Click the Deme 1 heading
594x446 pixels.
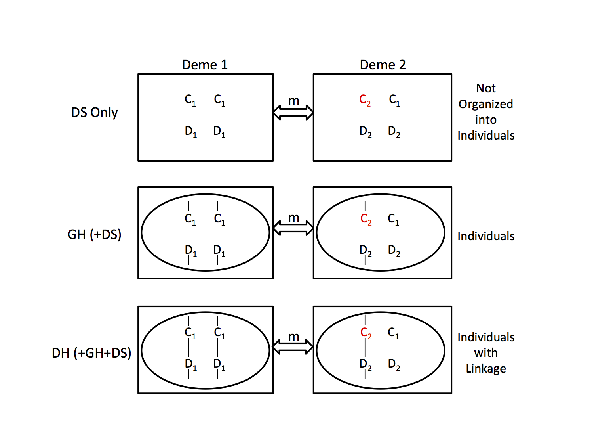click(205, 65)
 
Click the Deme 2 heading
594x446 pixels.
click(383, 65)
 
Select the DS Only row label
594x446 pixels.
click(94, 112)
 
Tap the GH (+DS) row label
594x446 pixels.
click(94, 234)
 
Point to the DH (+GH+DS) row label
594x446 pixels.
click(91, 353)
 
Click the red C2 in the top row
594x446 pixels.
click(365, 100)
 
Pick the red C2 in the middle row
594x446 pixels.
click(366, 219)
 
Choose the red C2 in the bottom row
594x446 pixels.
click(366, 333)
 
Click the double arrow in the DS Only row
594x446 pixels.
click(293, 112)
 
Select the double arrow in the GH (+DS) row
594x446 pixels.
click(293, 228)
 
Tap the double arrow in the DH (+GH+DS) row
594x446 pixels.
click(293, 347)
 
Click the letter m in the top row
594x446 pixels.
click(293, 101)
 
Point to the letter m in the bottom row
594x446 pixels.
click(293, 337)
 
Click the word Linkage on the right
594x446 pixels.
click(486, 369)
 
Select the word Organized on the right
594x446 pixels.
click(486, 105)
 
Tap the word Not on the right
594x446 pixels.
click(486, 88)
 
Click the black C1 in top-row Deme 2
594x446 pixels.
click(394, 100)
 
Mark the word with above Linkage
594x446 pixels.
click(486, 353)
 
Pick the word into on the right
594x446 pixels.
click(486, 120)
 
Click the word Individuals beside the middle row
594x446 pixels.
click(486, 236)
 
